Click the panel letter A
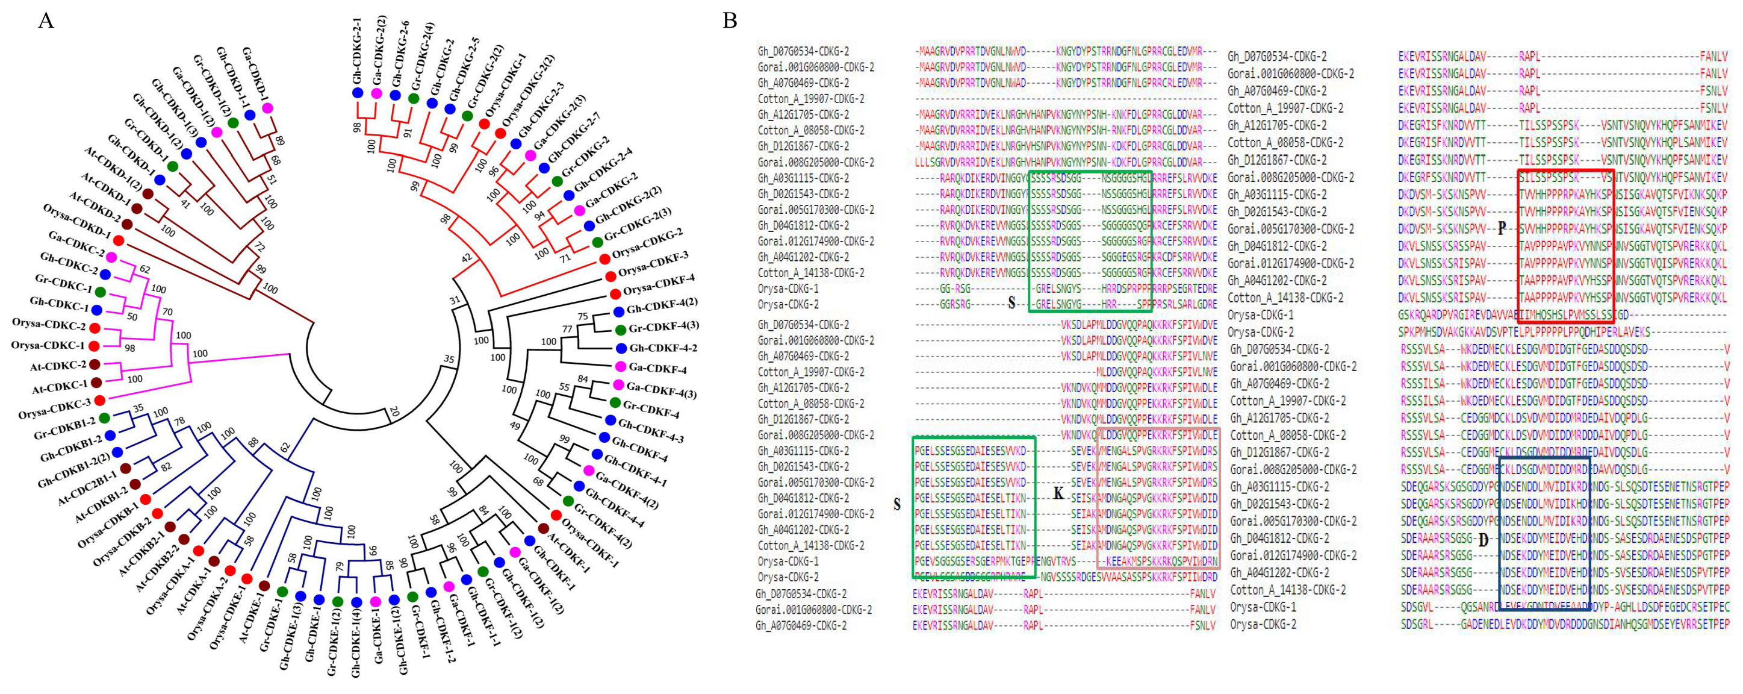[45, 20]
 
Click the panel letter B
[729, 20]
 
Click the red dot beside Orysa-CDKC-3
[99, 400]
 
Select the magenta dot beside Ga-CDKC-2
[111, 257]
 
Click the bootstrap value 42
[465, 258]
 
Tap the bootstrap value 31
[455, 301]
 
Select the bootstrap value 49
[515, 426]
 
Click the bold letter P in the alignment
[1502, 228]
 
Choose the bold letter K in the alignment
[1058, 493]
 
